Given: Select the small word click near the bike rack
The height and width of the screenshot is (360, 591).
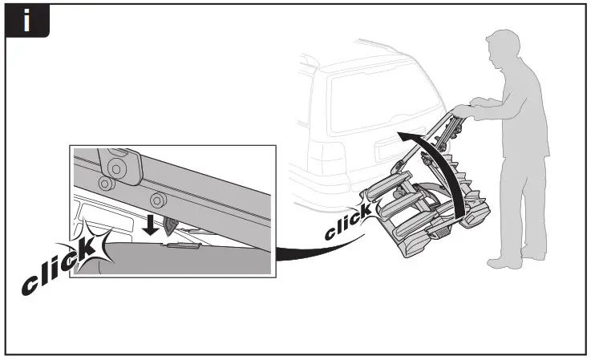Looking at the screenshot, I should click(x=347, y=223).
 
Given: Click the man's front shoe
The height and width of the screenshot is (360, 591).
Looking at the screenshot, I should click(x=504, y=262).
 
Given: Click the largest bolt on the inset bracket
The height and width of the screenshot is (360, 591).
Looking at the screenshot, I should click(x=119, y=169).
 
